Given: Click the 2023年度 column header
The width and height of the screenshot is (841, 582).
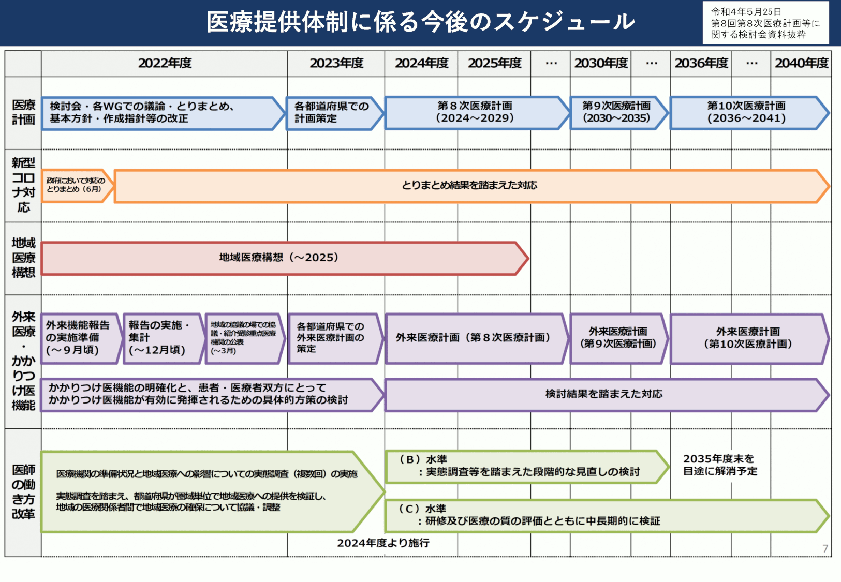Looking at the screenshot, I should click(336, 63).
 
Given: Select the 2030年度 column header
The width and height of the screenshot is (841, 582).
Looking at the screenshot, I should click(601, 63).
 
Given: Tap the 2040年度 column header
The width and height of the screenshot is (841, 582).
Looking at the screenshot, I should click(801, 63).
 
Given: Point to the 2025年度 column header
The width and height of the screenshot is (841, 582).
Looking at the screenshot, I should click(494, 63).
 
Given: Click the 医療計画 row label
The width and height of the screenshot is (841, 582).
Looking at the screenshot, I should click(23, 112).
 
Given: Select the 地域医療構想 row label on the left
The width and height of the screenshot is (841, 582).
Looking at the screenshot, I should click(23, 258).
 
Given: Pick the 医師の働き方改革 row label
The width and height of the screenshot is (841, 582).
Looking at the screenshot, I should click(23, 491).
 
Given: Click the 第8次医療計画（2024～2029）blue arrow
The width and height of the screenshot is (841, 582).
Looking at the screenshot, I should click(475, 112).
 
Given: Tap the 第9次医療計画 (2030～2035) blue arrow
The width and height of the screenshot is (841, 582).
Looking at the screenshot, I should click(616, 112).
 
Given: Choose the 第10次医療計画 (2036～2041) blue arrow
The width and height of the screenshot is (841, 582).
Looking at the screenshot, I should click(746, 112).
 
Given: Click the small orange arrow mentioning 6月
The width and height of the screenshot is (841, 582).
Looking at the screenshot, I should click(76, 185).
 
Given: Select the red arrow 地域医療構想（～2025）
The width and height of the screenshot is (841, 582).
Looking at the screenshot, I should click(279, 258).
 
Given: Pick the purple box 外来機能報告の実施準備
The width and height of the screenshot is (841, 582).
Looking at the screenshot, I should click(78, 338).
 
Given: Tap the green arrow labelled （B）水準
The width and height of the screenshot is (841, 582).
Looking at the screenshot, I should click(523, 466).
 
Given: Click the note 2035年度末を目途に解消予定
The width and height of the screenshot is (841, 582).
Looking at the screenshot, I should click(720, 465).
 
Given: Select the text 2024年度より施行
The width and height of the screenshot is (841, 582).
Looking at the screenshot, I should click(383, 543).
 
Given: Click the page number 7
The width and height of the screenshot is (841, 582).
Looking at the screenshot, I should click(825, 548).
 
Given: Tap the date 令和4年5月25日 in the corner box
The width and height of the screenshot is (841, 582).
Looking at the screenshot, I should click(746, 12).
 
